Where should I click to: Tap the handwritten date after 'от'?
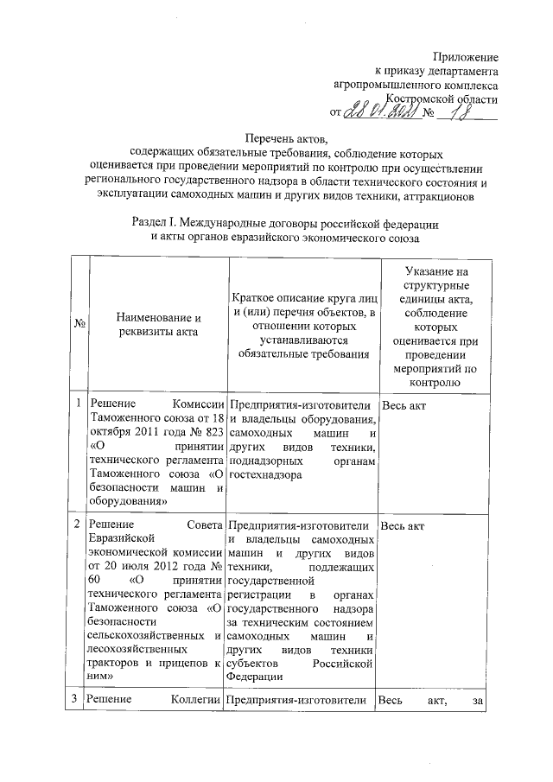click(x=382, y=112)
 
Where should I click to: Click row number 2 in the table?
click(x=78, y=525)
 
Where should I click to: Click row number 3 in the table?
click(x=78, y=699)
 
